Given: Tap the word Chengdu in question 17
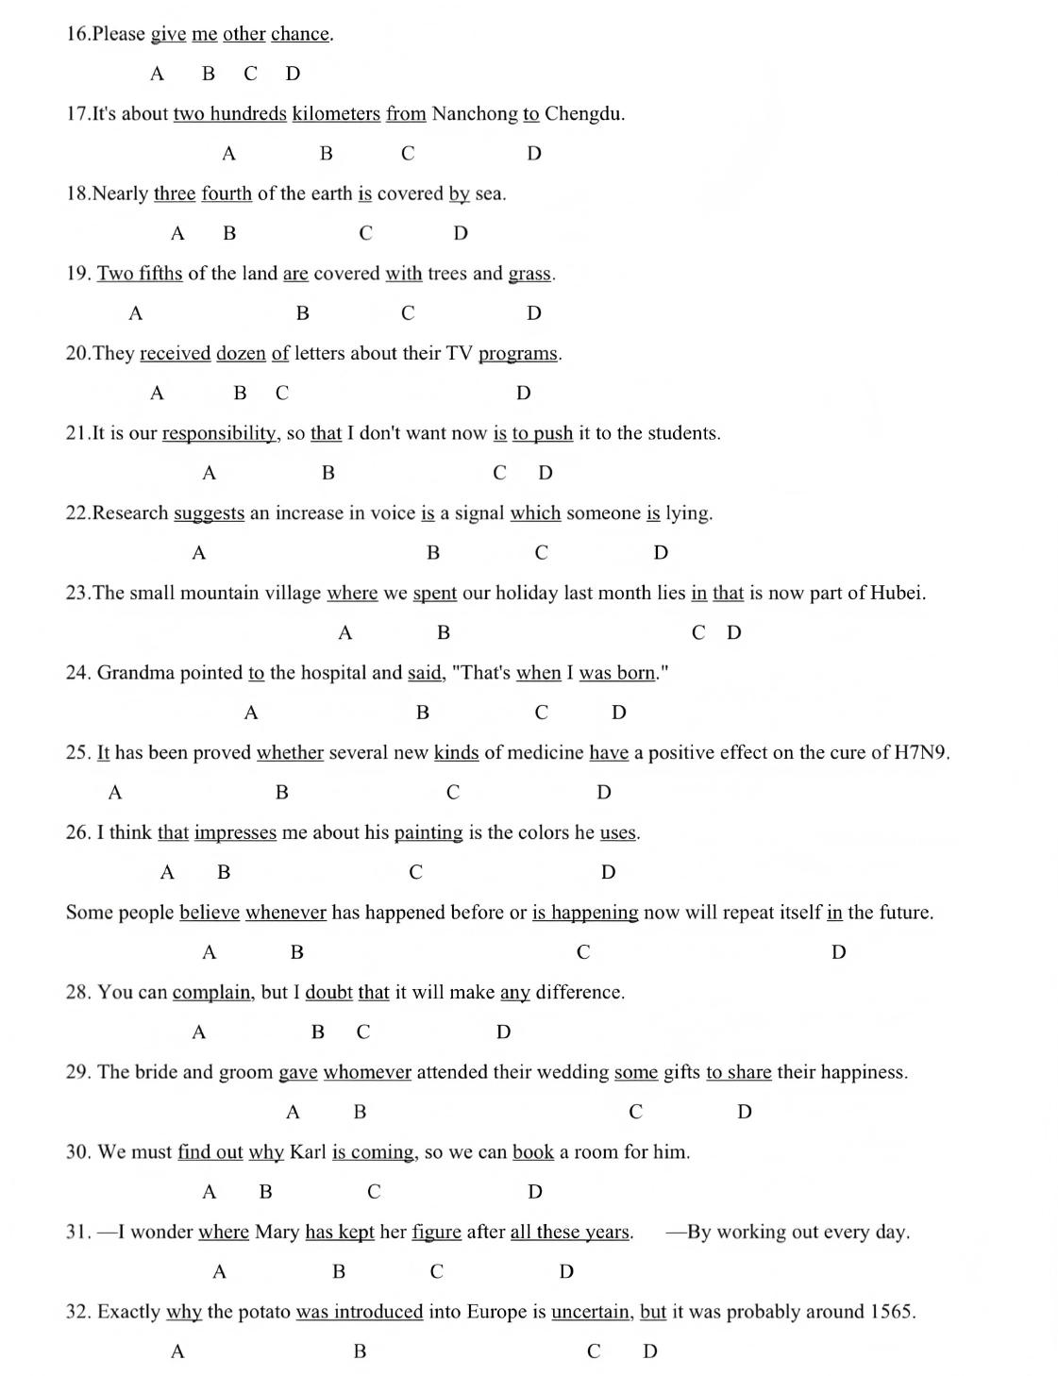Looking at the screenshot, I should click(x=583, y=114).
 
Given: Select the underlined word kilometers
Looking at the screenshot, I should click(x=336, y=114).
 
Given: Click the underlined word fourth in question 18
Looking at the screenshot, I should click(x=227, y=194).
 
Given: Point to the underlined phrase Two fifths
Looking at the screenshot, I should click(x=140, y=274).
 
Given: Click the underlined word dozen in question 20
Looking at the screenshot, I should click(x=241, y=354).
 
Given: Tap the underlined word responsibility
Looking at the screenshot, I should click(x=220, y=433).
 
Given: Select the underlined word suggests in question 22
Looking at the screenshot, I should click(x=209, y=513).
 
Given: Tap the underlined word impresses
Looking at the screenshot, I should click(x=235, y=832).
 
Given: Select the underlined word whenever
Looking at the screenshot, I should click(x=286, y=913).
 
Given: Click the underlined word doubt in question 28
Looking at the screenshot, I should click(x=328, y=993).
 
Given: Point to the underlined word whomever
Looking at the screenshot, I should click(x=367, y=1072).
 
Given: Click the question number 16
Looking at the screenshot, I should click(x=76, y=34).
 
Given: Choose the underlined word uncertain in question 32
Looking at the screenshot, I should click(x=592, y=1312).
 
